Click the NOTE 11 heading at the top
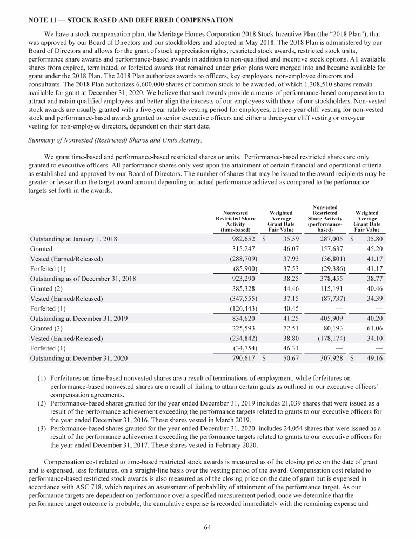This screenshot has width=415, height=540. point(130,20)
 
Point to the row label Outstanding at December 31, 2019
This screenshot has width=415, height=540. point(78,319)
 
